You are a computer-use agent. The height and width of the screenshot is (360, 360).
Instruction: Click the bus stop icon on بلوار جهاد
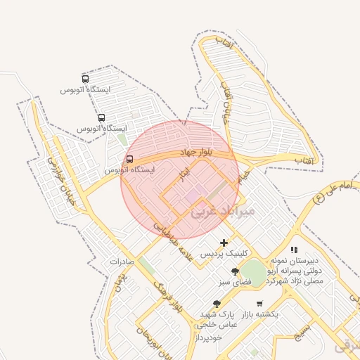(129, 159)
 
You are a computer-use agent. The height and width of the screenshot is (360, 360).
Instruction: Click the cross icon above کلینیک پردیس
(224, 243)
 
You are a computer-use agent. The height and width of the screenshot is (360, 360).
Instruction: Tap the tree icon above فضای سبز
(235, 271)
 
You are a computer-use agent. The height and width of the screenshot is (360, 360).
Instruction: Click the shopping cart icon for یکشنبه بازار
(259, 304)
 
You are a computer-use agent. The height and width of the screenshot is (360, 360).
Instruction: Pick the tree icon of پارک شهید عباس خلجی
(215, 304)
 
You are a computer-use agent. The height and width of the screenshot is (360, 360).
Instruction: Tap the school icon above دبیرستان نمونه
(294, 250)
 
